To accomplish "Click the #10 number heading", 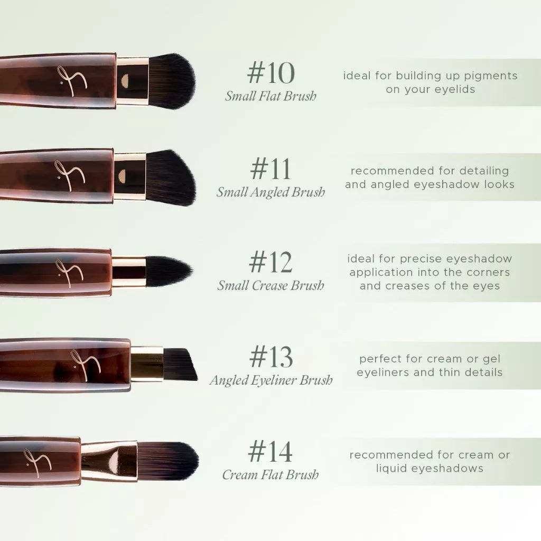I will click(x=270, y=74).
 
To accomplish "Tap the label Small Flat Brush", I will click(x=270, y=96).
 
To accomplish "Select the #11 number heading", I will click(x=270, y=170).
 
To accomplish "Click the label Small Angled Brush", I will click(x=270, y=192).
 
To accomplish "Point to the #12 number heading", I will click(x=270, y=263).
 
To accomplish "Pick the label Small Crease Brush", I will click(x=270, y=285).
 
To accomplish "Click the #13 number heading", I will click(x=270, y=357).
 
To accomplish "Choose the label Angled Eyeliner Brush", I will click(x=270, y=380).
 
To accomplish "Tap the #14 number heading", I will click(x=270, y=452).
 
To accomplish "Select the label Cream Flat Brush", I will click(x=270, y=474).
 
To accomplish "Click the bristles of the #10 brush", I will click(x=172, y=81).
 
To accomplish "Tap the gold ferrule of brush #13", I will click(x=147, y=364).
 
